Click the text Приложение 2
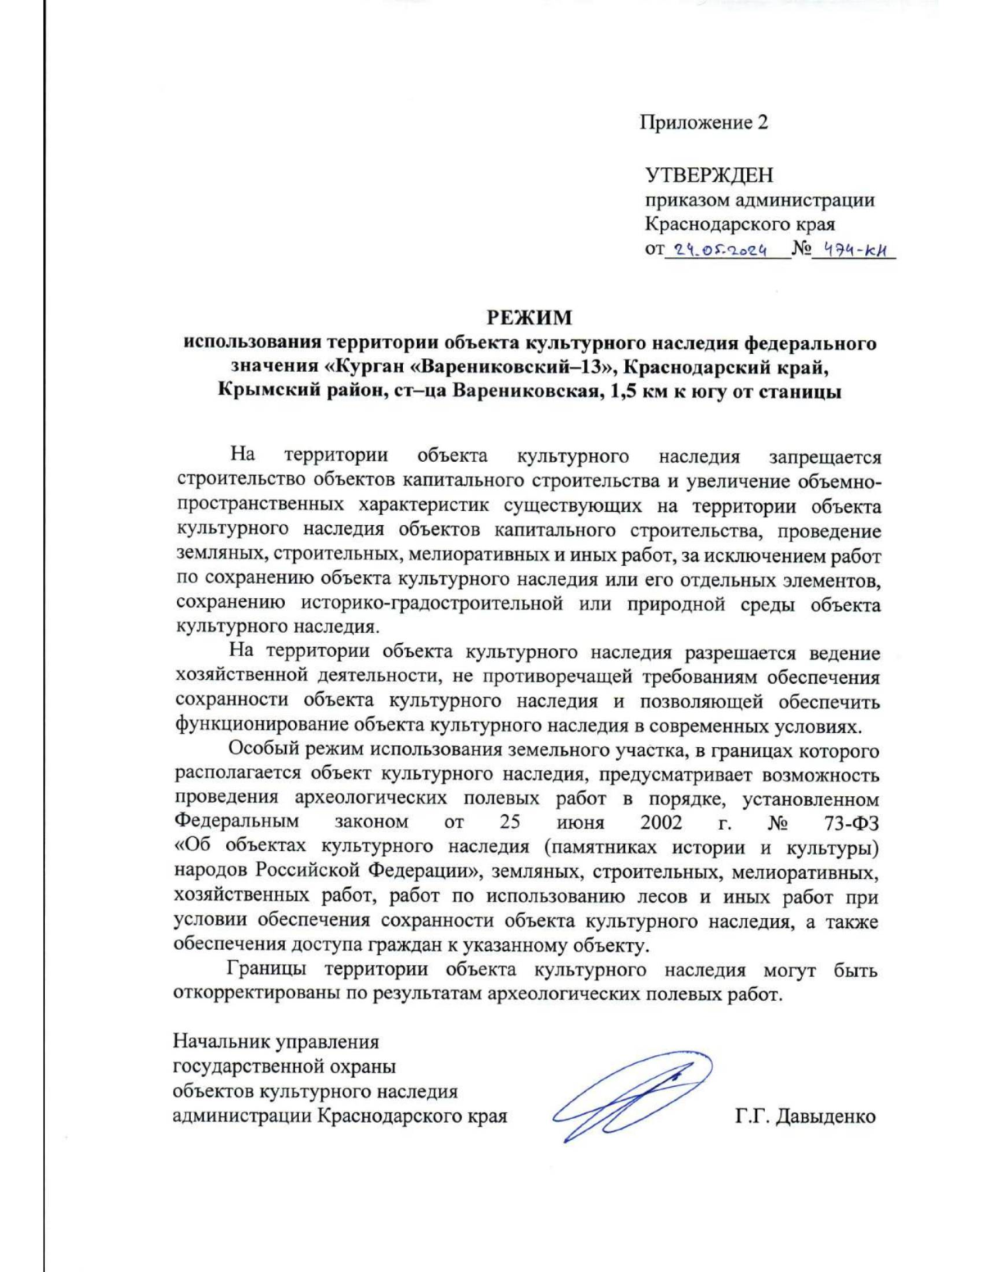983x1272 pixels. pos(704,123)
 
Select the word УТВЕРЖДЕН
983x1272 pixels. pos(709,175)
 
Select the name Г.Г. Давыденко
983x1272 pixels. pos(805,1116)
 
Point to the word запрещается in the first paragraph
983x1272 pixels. pos(824,456)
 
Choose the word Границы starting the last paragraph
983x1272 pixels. pos(267,971)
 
